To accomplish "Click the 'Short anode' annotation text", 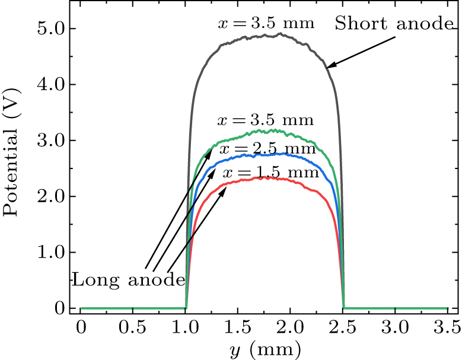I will (394, 24).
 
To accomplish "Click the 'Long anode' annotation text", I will (129, 280).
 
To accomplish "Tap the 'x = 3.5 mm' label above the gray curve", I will (265, 24).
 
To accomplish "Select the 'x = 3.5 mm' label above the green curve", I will (265, 121).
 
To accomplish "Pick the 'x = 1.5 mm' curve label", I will (271, 173).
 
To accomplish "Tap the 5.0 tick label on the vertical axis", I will (49, 28).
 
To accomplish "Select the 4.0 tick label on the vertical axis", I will (49, 84).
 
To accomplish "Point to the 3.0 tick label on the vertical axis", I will (49, 141).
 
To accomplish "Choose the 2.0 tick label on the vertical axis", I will (49, 196).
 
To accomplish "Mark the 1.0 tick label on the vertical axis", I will (49, 252).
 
